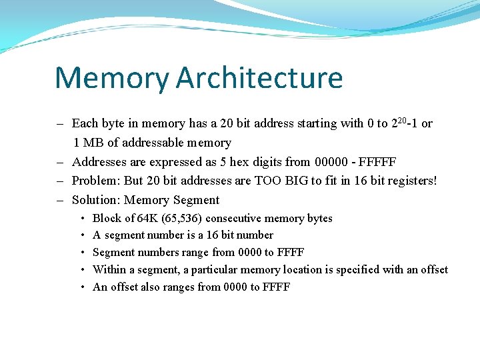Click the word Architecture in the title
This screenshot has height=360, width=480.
[x=259, y=77]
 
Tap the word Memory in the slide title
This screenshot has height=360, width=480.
[x=112, y=77]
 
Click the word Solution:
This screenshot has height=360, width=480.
[x=96, y=200]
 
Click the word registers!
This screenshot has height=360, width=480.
[x=411, y=181]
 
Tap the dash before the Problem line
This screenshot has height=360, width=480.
[x=59, y=181]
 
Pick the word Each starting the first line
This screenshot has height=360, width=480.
[x=84, y=123]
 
